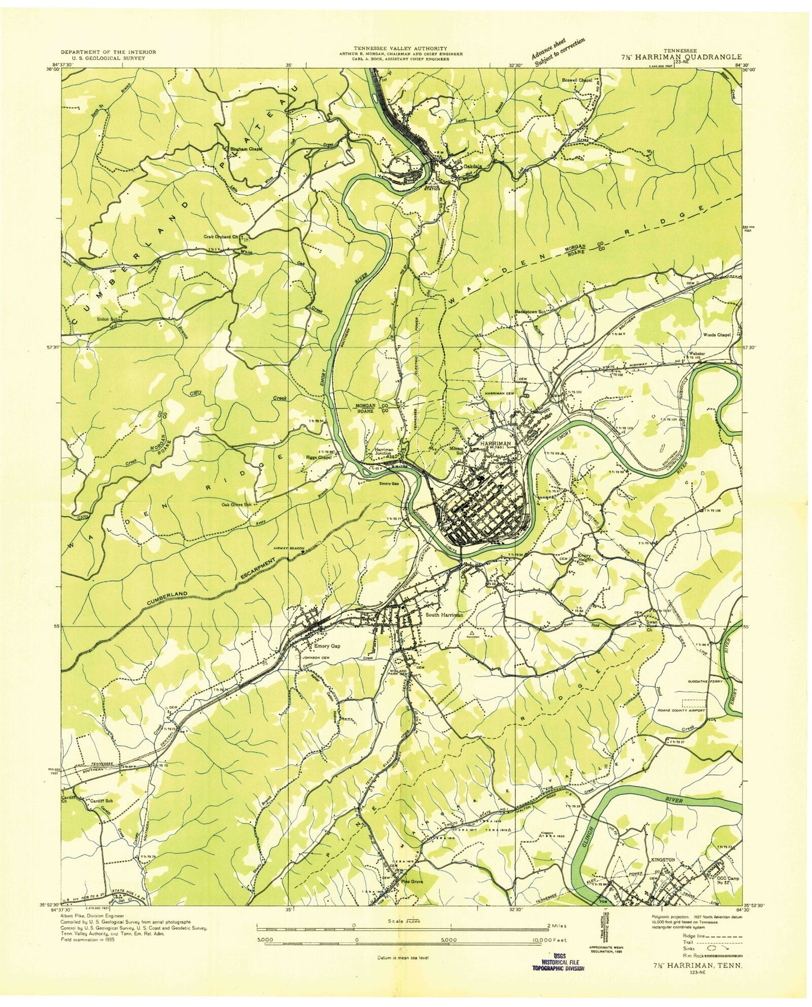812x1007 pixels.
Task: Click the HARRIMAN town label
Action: click(495, 444)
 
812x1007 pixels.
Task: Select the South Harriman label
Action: click(444, 615)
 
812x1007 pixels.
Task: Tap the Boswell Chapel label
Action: click(577, 80)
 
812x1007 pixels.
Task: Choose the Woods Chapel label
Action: click(716, 335)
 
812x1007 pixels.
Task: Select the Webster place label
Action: click(697, 354)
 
